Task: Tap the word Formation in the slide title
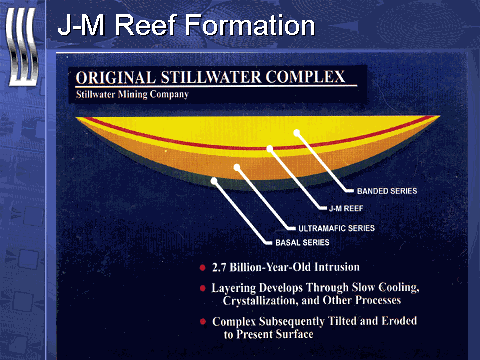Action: (250, 25)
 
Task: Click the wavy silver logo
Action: (22, 47)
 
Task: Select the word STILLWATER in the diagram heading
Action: (211, 77)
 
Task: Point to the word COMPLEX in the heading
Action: (305, 77)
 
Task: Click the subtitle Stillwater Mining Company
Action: (132, 94)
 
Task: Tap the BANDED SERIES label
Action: (387, 191)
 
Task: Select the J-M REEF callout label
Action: (346, 208)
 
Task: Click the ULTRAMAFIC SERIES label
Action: (336, 228)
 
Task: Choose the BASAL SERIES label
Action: (302, 242)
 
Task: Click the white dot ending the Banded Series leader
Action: (297, 133)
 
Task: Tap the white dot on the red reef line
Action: (270, 148)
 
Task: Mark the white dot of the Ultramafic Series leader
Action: (237, 167)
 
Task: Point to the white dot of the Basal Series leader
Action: (214, 181)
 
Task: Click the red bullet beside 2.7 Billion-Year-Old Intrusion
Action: (202, 267)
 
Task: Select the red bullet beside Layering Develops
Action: (202, 288)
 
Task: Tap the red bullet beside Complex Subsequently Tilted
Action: (202, 321)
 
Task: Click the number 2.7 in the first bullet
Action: (219, 267)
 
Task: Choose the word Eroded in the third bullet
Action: (399, 321)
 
